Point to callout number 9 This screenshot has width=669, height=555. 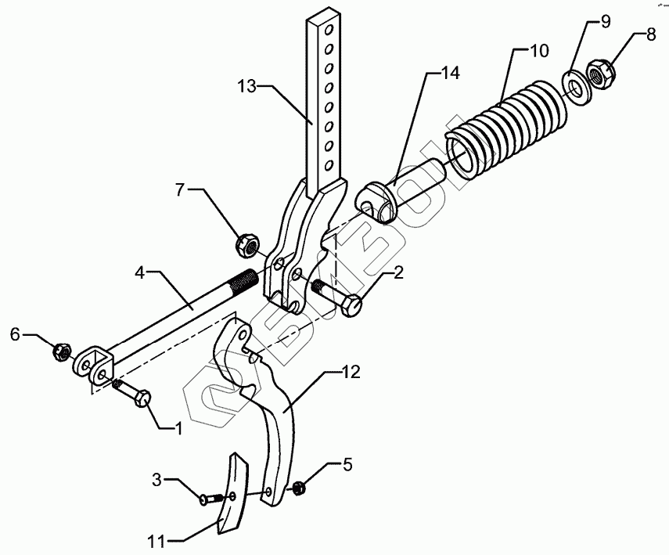[606, 20]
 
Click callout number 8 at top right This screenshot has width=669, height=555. [652, 35]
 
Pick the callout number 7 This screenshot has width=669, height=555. [179, 189]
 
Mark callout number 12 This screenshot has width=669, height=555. [351, 373]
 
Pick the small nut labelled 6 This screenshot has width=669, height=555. [61, 351]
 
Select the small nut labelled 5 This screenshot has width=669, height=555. [298, 489]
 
